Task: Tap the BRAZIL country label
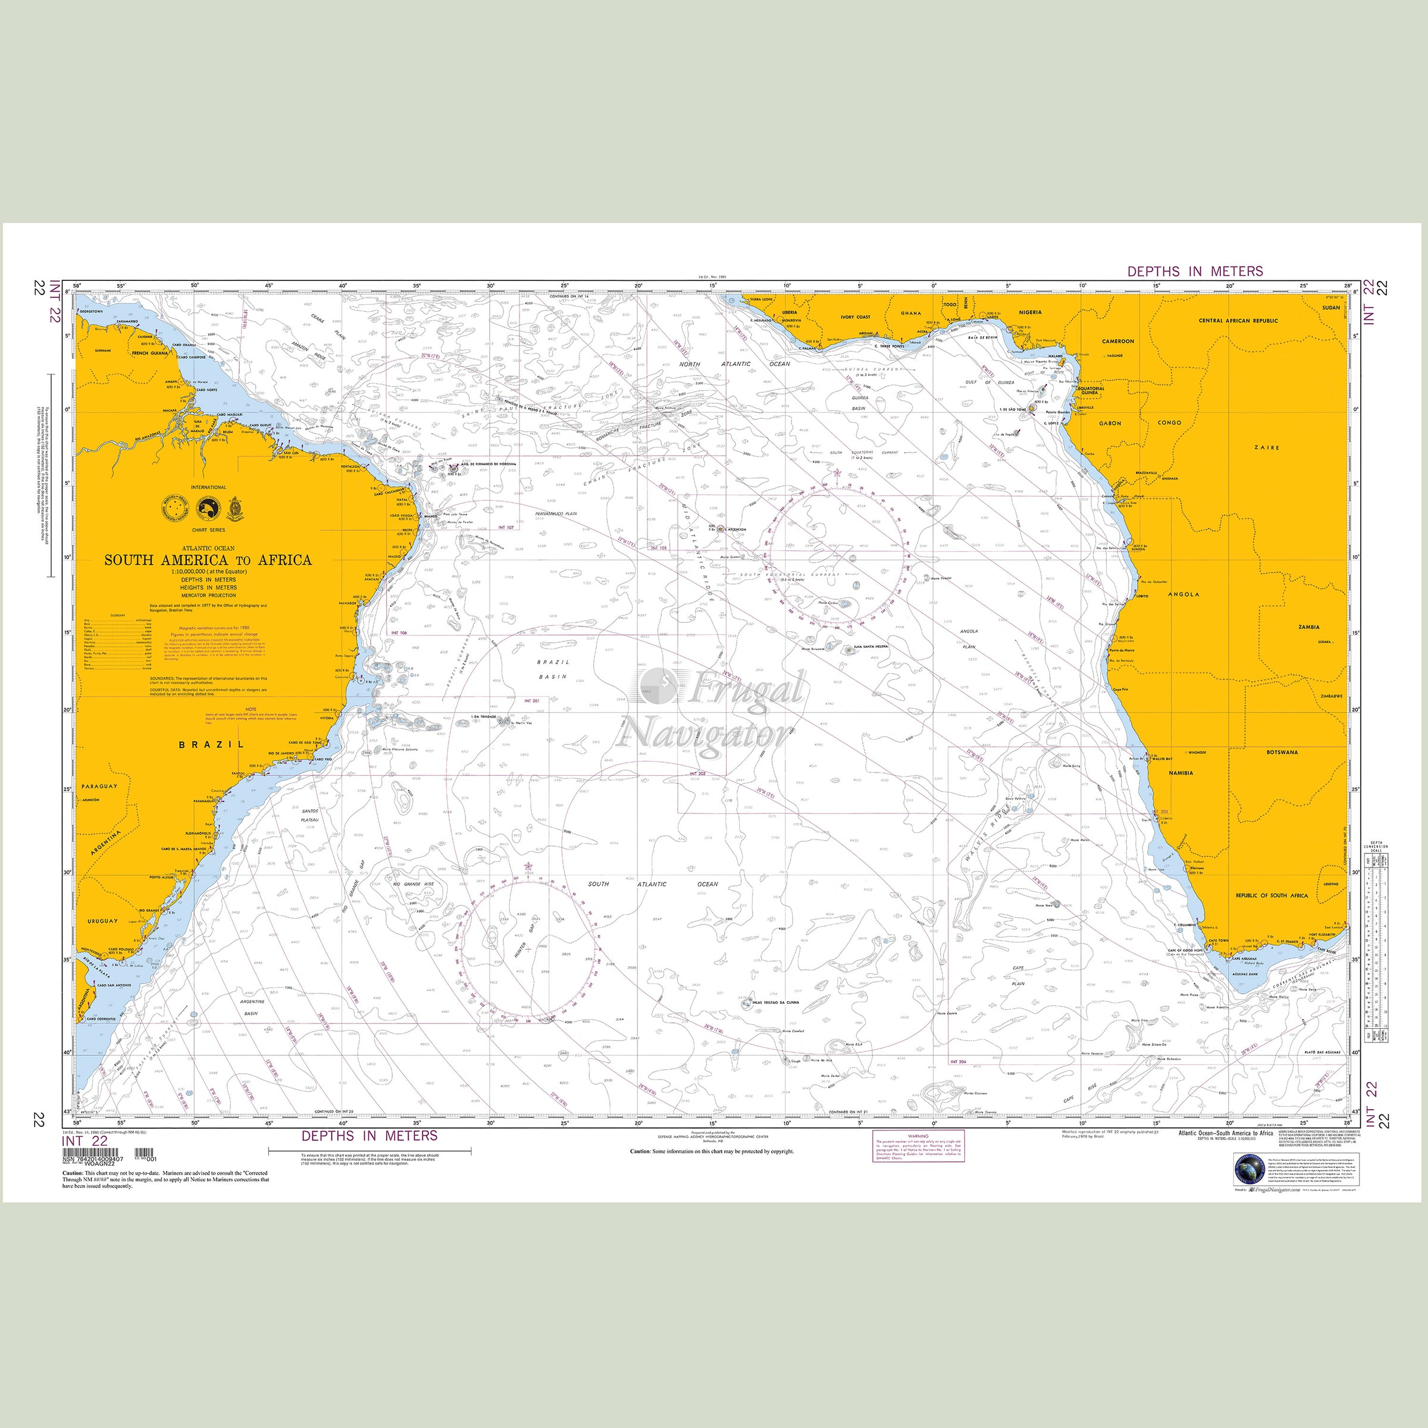211,744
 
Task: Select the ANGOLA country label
1183,594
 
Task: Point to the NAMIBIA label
1180,773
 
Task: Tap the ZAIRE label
1266,447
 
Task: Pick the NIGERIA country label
1031,312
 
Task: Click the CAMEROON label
1117,342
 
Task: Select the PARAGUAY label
99,787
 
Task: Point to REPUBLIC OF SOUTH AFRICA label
1272,895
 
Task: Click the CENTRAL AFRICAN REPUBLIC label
1238,321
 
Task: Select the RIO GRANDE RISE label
412,885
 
